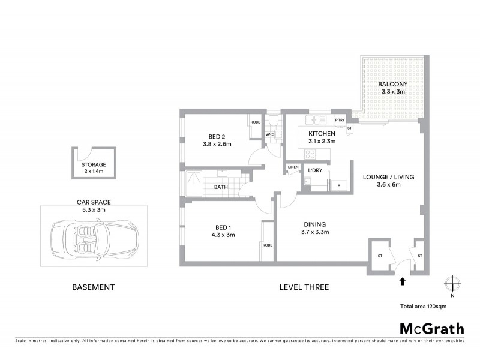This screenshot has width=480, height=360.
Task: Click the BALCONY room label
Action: tap(392, 84)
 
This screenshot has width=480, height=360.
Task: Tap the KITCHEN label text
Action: tap(322, 133)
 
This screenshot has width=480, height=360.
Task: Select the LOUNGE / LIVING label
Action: tap(388, 177)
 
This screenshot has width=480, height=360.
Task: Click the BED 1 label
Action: tap(221, 227)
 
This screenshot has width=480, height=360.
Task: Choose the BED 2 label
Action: tap(217, 136)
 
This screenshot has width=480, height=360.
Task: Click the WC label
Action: tap(269, 134)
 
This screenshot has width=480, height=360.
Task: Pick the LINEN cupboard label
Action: tap(293, 167)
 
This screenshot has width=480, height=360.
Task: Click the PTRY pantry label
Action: tap(340, 120)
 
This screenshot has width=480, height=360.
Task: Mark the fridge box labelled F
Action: tap(339, 185)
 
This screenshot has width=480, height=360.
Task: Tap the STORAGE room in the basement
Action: tap(94, 164)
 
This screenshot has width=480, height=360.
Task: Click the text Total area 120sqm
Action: tap(423, 307)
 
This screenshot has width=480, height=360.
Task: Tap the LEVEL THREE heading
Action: tap(304, 287)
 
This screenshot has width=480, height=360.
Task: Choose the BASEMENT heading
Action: tap(93, 287)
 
